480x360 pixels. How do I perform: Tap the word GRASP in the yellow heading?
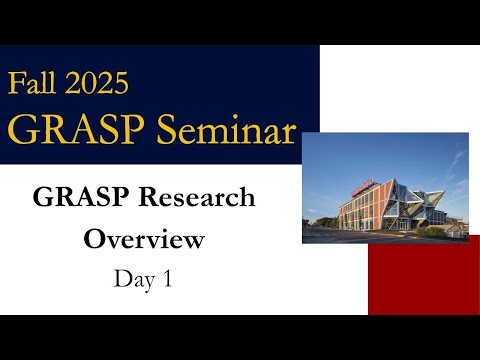pyautogui.click(x=76, y=129)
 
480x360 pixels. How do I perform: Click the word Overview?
pyautogui.click(x=144, y=240)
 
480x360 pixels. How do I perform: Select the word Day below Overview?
pyautogui.click(x=130, y=279)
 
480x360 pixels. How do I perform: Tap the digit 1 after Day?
pyautogui.click(x=166, y=279)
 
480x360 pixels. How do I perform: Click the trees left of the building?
pyautogui.click(x=318, y=214)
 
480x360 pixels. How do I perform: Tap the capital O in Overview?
pyautogui.click(x=93, y=240)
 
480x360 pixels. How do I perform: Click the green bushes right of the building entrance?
pyautogui.click(x=436, y=232)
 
